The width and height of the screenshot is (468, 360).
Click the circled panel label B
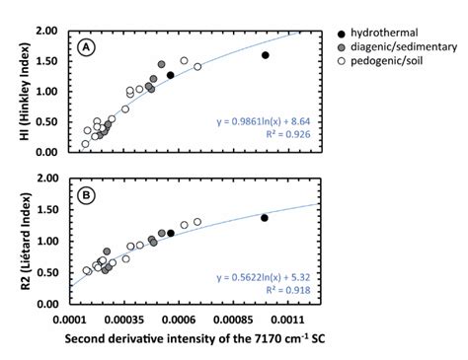point(88,195)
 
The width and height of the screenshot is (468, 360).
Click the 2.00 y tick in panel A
point(47,31)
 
